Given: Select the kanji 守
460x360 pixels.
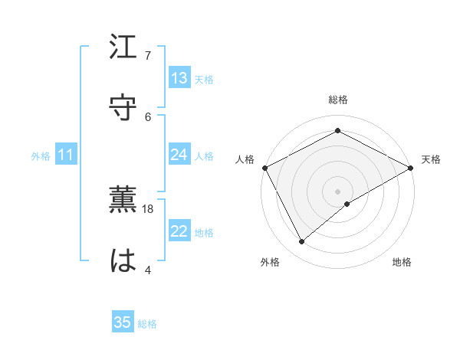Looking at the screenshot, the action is coord(123,106).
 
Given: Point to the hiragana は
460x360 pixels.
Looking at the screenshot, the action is coord(123,260).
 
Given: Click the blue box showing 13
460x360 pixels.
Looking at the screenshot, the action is coord(179,78).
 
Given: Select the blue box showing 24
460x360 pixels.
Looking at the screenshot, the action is coord(179,155).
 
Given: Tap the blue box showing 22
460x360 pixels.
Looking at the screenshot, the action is coord(179,231).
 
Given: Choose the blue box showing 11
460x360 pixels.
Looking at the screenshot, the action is coord(66,155).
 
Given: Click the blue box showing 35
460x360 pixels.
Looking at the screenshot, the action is coord(123,322).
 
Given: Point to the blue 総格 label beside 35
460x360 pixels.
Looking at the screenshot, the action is coord(147,324).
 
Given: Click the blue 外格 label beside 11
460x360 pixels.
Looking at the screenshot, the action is coord(41,156).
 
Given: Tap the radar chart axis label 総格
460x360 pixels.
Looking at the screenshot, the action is coord(338,100).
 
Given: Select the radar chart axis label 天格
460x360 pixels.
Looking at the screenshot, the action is coord(431,159).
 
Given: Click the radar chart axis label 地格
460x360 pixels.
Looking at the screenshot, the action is coord(402,262).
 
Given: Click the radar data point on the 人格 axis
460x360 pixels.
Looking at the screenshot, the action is coord(264,167).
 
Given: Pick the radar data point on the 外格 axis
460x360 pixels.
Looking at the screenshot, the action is coord(302,242).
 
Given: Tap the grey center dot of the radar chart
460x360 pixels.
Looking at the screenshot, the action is coord(338,191).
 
